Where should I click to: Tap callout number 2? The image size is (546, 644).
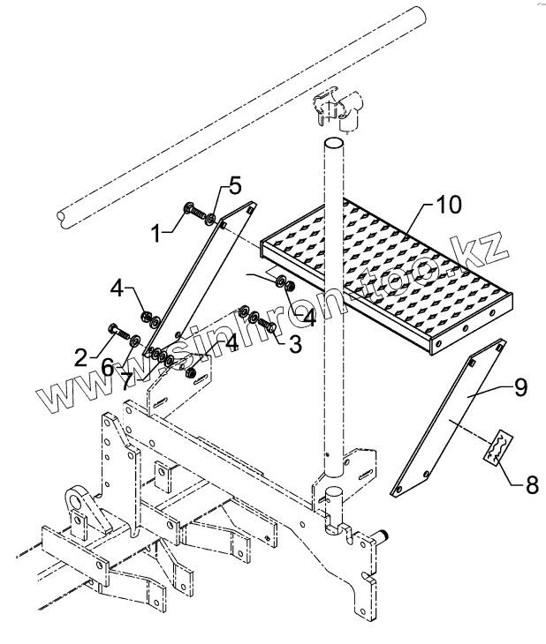click(80, 357)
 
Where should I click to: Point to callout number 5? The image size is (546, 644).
click(234, 185)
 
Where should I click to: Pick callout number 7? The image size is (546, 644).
click(128, 379)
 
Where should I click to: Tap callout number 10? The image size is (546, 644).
click(448, 205)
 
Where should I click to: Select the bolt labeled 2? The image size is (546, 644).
click(115, 333)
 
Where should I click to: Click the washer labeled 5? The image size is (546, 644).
click(212, 214)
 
